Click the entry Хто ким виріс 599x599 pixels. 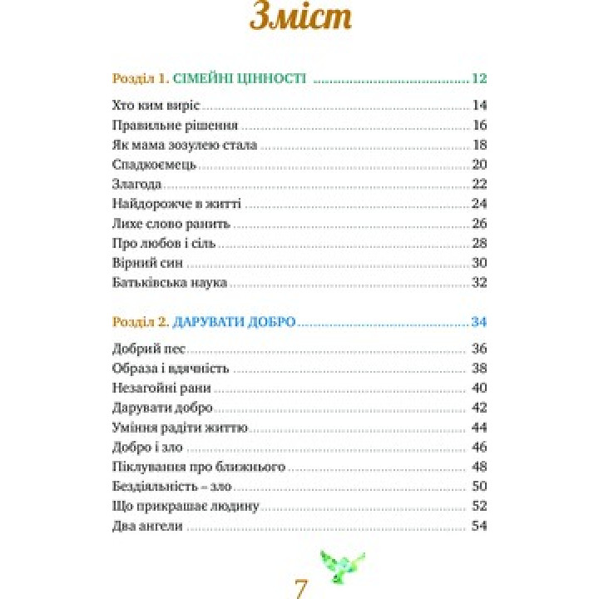157,106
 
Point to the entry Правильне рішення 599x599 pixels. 175,126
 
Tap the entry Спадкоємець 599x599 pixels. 154,165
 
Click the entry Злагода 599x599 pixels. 136,184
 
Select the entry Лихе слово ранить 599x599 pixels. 171,224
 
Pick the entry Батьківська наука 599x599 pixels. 169,283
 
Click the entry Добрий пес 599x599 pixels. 147,348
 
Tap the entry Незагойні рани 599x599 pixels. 161,388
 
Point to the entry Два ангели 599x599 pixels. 146,526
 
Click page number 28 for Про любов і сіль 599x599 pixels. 478,244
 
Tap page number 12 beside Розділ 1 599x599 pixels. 478,79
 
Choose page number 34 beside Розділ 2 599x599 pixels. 478,321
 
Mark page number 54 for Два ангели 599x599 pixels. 478,526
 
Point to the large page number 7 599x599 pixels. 301,587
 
